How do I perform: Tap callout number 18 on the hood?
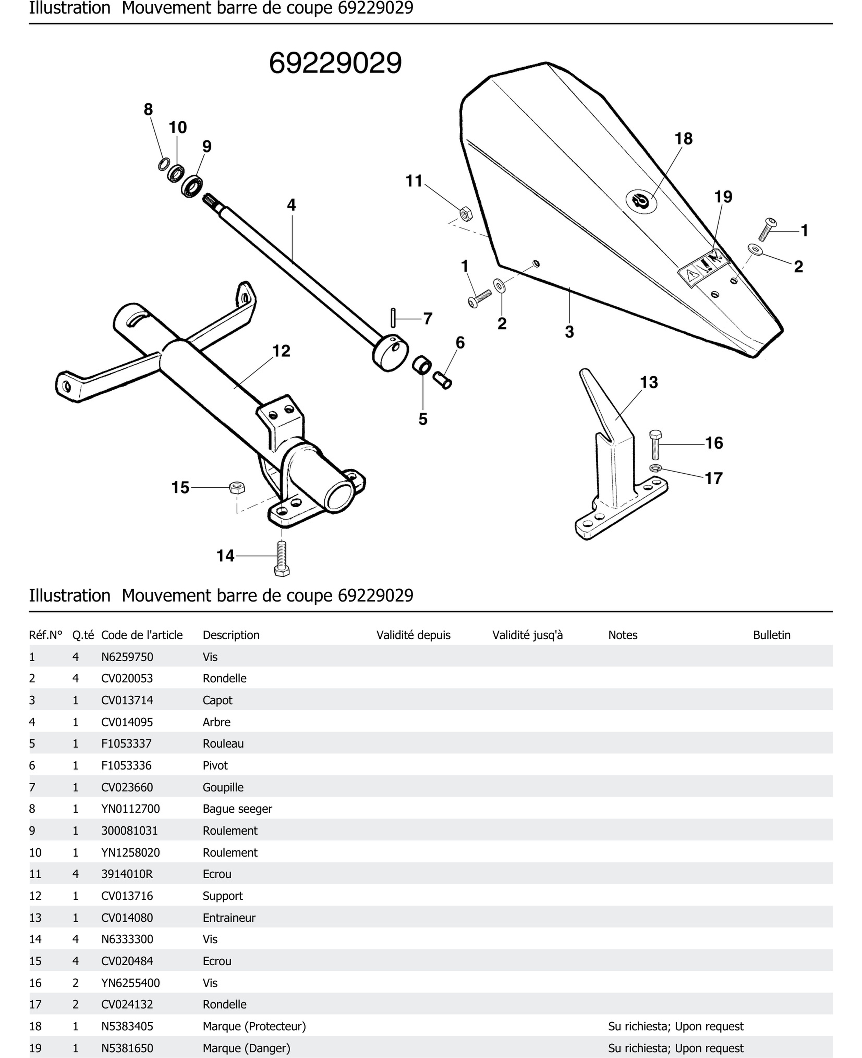(x=683, y=139)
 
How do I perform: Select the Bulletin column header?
(x=771, y=635)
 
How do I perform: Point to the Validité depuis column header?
(x=413, y=635)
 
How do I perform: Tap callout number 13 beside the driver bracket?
(x=648, y=382)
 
